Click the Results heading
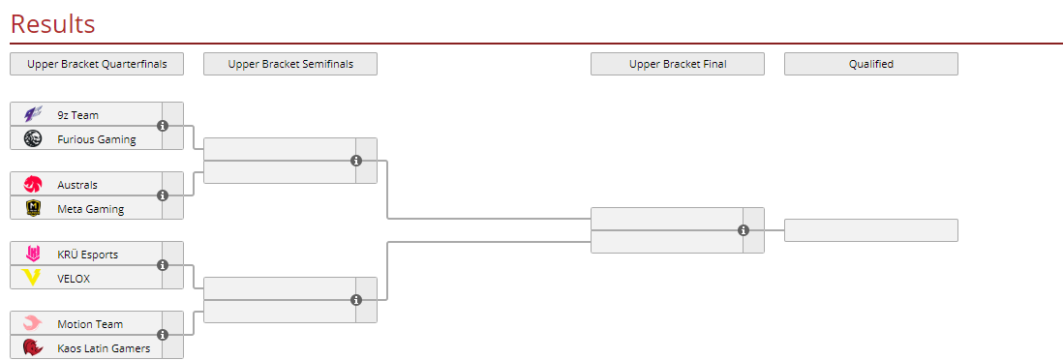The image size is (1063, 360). [x=53, y=24]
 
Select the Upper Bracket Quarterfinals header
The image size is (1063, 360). [x=97, y=64]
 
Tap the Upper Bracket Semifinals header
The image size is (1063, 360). [x=290, y=64]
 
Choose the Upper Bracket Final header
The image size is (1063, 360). [x=678, y=64]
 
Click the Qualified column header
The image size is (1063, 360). [x=871, y=64]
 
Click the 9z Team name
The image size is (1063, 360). [x=78, y=114]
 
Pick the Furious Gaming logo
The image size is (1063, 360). [x=33, y=139]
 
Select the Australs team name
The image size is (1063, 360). [x=78, y=185]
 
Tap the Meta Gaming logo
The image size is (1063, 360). [x=33, y=208]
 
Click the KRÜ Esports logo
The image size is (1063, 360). [x=33, y=255]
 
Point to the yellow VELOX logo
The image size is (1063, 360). [x=33, y=278]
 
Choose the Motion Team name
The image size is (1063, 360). [x=90, y=324]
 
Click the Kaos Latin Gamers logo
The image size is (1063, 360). [x=33, y=347]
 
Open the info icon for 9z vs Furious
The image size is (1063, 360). [x=163, y=126]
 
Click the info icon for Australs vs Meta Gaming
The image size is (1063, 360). [x=163, y=195]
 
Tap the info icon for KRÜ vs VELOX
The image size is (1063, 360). [x=163, y=265]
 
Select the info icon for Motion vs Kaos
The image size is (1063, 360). [x=163, y=335]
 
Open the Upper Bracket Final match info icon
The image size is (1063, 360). [x=744, y=230]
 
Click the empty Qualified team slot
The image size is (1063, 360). [x=871, y=229]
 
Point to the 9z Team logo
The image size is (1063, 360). [x=33, y=114]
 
